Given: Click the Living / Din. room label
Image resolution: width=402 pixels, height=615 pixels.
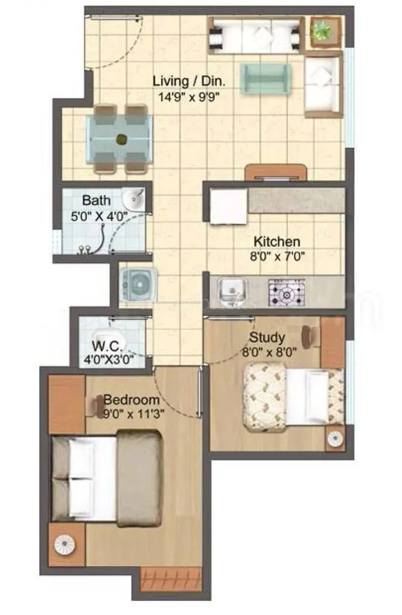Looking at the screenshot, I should [184, 80].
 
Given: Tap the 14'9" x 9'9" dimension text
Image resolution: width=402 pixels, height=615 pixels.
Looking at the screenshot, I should [184, 97].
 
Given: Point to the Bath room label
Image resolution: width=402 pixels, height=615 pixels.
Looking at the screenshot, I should [97, 200].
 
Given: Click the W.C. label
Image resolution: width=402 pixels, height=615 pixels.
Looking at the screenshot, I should [109, 346].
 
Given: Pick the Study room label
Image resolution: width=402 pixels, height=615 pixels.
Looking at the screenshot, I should [267, 337].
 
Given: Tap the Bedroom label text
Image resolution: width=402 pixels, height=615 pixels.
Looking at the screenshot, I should [132, 400].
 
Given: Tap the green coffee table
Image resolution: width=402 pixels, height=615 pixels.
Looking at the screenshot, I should [266, 78].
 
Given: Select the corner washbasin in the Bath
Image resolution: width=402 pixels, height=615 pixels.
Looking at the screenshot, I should [134, 198].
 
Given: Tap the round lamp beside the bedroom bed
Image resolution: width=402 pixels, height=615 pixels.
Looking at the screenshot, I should [64, 544].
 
